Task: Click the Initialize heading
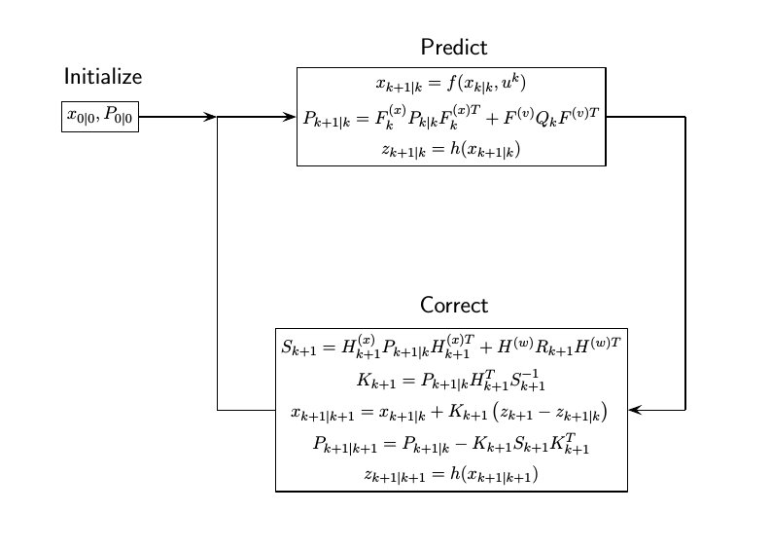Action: coord(103,77)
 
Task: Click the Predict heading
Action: coord(453,48)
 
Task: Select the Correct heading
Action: coord(453,305)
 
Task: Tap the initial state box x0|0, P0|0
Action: coord(100,117)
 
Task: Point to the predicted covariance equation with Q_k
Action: coord(451,117)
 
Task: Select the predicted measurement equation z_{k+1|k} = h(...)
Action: coord(451,150)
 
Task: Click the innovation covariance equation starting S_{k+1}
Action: coord(451,346)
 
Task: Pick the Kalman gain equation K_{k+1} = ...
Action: coord(451,379)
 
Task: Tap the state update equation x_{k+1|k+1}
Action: coord(451,412)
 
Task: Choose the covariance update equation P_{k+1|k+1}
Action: coord(451,445)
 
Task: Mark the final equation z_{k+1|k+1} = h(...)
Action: coord(451,476)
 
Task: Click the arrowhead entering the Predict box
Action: coord(289,117)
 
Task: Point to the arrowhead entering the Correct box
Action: coord(635,411)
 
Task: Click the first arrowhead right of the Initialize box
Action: coord(209,117)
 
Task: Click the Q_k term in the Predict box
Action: coord(543,118)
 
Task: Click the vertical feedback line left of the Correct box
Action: coord(217,263)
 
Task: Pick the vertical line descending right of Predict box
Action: coord(685,263)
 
